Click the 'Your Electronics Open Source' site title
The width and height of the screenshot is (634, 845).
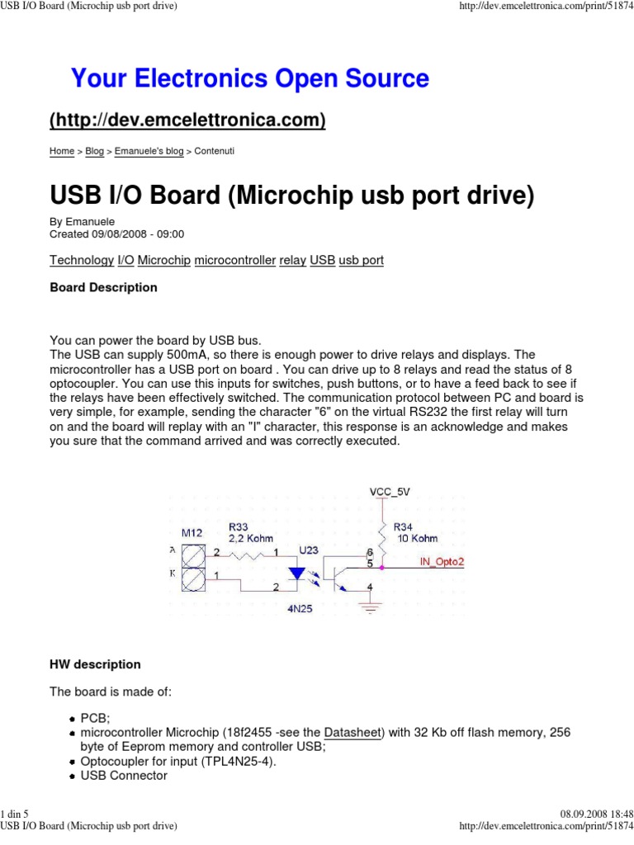click(250, 79)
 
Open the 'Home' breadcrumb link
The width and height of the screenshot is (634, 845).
click(62, 152)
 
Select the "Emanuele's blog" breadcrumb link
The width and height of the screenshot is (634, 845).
click(149, 152)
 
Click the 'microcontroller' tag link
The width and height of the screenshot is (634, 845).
click(234, 260)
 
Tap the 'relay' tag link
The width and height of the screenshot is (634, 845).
click(292, 260)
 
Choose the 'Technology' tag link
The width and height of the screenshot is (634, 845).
click(82, 260)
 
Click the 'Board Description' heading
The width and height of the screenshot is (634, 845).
click(103, 288)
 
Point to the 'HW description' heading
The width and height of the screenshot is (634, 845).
click(95, 664)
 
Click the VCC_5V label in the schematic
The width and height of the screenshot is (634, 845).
click(389, 491)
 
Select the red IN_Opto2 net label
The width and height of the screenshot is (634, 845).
click(444, 560)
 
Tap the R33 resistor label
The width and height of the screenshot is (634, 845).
click(238, 526)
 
